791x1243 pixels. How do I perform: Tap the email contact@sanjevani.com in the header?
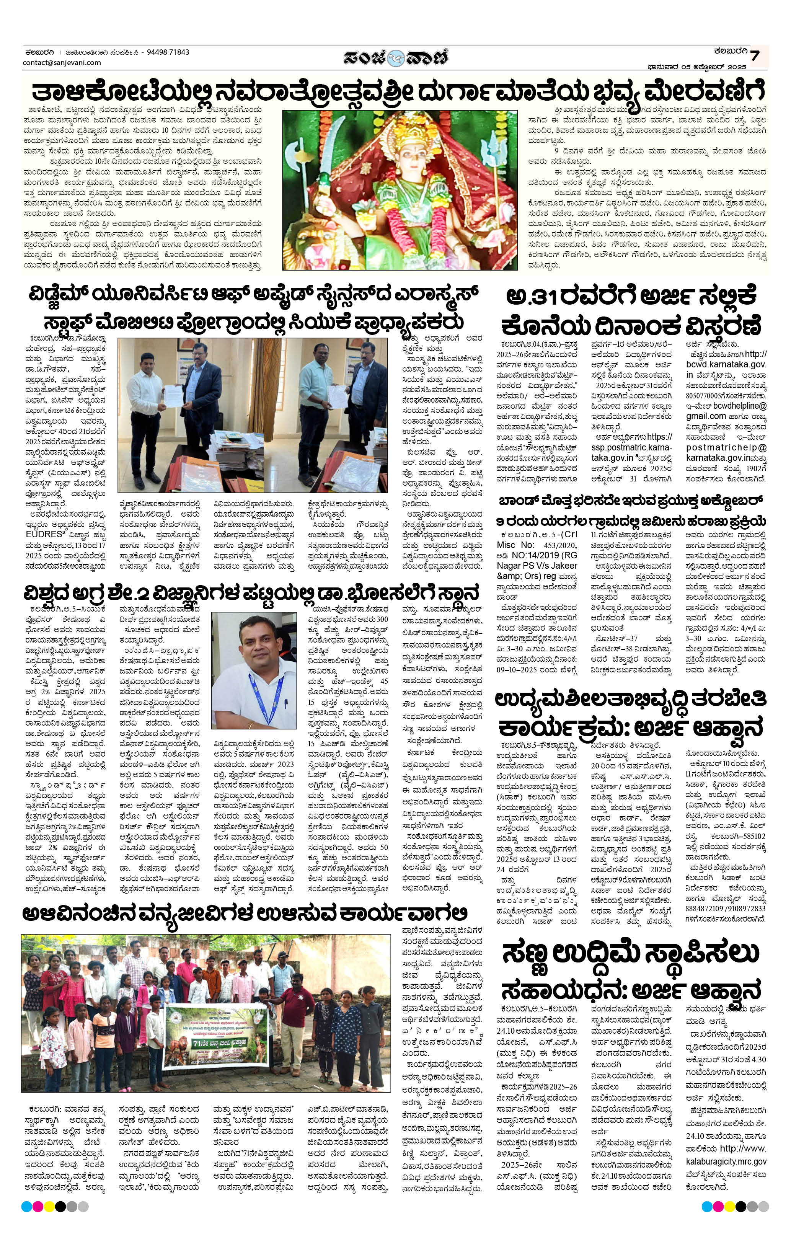click(x=62, y=62)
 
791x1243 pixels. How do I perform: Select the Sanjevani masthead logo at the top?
click(x=396, y=57)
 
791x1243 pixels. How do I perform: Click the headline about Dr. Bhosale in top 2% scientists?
click(x=252, y=592)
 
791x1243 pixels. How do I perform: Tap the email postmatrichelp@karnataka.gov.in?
click(x=726, y=453)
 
